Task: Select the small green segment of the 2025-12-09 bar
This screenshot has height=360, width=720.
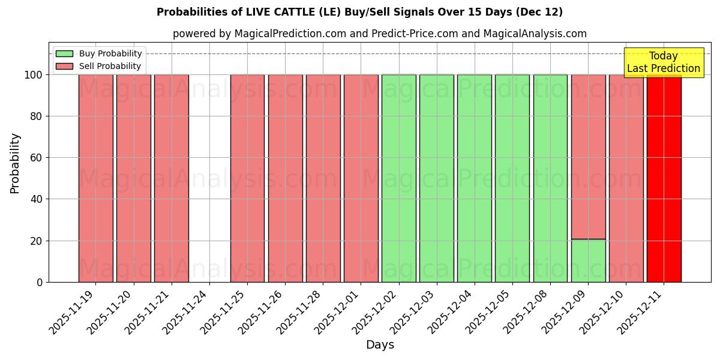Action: click(588, 261)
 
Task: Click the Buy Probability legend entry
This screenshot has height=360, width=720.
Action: click(99, 53)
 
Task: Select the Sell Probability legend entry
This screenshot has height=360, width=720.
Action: click(99, 66)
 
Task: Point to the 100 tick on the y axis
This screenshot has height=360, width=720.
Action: click(32, 75)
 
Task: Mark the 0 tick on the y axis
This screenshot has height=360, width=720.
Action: click(39, 282)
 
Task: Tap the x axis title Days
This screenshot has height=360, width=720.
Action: click(380, 345)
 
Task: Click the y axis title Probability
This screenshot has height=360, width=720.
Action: click(15, 163)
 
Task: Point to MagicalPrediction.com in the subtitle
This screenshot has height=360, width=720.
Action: click(290, 34)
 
